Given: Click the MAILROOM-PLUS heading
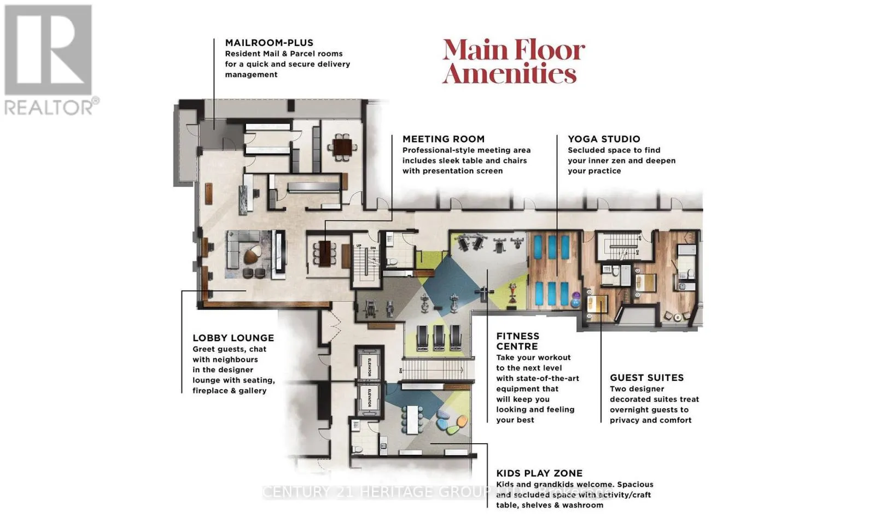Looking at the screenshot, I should click(x=269, y=43).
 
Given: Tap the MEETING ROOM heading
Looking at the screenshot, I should click(x=443, y=139).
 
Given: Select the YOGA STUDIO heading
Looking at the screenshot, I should click(x=604, y=139).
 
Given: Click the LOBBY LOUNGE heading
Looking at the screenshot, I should click(x=233, y=338).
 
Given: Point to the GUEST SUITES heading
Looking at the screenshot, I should click(x=646, y=378).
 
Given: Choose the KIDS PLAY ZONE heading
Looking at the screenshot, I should click(x=539, y=473).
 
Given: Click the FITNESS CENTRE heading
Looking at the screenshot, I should click(x=517, y=341).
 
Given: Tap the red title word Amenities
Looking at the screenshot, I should click(x=509, y=74).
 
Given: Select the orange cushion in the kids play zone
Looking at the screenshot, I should click(x=461, y=422).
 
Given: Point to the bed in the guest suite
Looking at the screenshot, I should click(x=645, y=283).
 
